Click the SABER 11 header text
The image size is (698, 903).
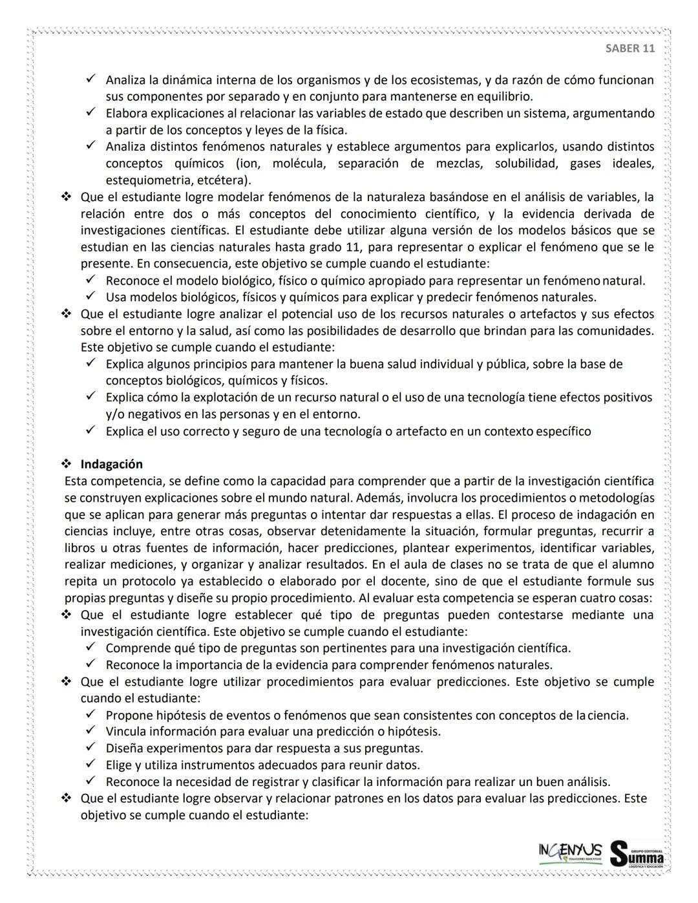coord(629,48)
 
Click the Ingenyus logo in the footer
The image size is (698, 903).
coord(569,852)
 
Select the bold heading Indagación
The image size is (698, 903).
coord(111,464)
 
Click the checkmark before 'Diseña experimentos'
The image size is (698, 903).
coord(91,748)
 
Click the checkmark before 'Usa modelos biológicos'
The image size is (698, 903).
coord(91,297)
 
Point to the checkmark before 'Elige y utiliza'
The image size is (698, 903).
coord(91,765)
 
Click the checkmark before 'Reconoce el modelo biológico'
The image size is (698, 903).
coord(91,281)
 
